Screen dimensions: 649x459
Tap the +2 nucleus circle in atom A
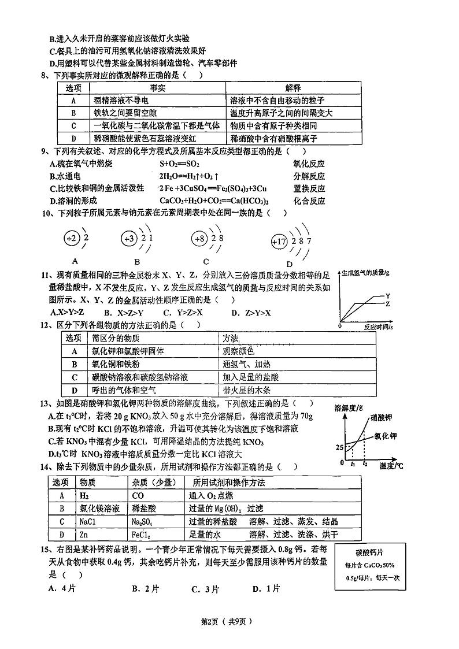point(72,238)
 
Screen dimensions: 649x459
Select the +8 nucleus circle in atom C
point(200,238)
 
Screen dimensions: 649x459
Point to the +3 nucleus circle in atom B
point(129,238)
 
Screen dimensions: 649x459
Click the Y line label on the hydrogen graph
point(387,295)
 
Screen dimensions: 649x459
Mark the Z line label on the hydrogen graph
point(387,303)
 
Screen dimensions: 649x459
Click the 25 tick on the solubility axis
point(339,447)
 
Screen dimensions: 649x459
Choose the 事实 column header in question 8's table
point(158,87)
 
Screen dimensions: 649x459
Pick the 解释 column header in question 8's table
point(293,87)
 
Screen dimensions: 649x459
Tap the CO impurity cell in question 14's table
point(138,495)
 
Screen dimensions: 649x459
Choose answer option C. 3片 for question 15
point(205,589)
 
